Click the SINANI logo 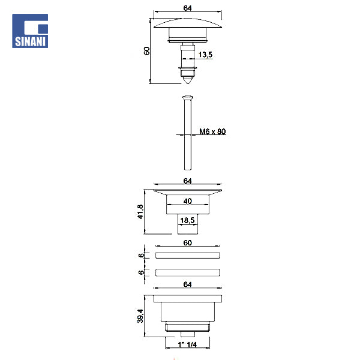coord(30,31)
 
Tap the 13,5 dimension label coord(205,55)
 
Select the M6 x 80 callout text coord(212,131)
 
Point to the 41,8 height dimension coord(140,212)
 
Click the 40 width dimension coord(188,201)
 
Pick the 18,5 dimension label coord(187,220)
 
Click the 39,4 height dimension coord(140,316)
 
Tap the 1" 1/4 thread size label coord(187,344)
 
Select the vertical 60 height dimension coord(147,51)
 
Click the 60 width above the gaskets coord(188,242)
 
